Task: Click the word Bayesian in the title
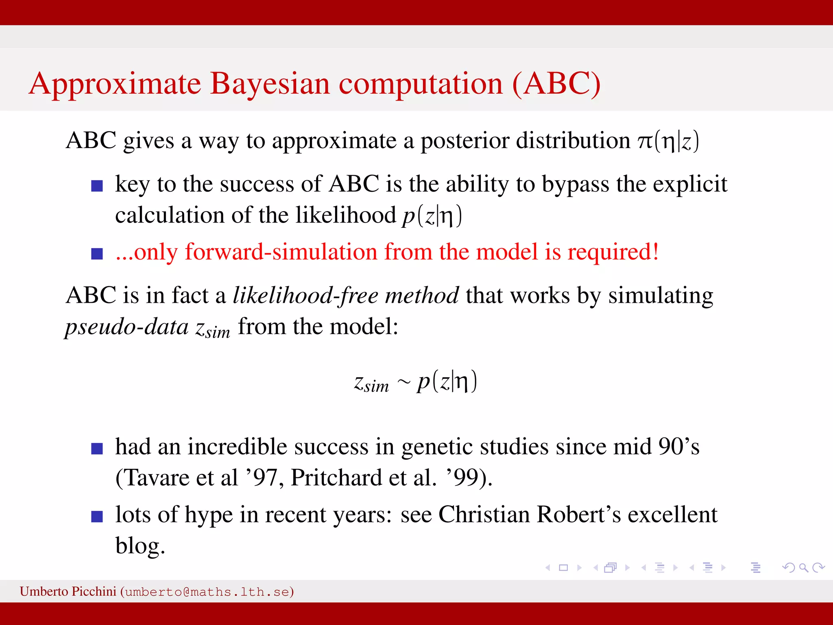pyautogui.click(x=269, y=84)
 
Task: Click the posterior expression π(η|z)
pyautogui.click(x=668, y=141)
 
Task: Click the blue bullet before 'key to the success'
pyautogui.click(x=97, y=186)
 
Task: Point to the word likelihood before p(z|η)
pyautogui.click(x=345, y=215)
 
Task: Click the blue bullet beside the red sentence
pyautogui.click(x=97, y=254)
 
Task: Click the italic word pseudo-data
pyautogui.click(x=127, y=327)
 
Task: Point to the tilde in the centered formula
pyautogui.click(x=403, y=382)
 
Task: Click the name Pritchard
pyautogui.click(x=336, y=478)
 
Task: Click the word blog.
pyautogui.click(x=140, y=546)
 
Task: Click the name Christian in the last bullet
pyautogui.click(x=484, y=515)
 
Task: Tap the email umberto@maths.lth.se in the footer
pyautogui.click(x=207, y=592)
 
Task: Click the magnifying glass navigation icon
pyautogui.click(x=803, y=568)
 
